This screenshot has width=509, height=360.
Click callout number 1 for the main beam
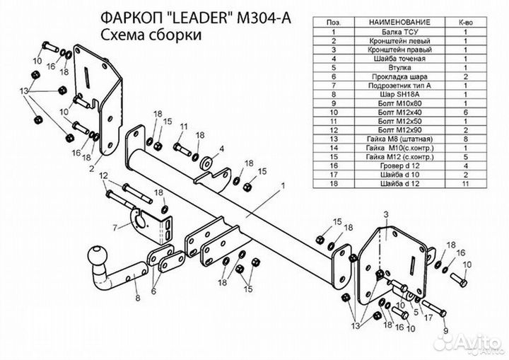click(x=283, y=185)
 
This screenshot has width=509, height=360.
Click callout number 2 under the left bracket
click(x=91, y=169)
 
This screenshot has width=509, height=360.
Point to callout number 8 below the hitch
click(x=138, y=298)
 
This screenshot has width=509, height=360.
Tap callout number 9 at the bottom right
click(x=445, y=330)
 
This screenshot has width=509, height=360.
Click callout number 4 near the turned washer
click(x=221, y=149)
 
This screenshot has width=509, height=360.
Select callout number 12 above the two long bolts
click(x=103, y=175)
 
